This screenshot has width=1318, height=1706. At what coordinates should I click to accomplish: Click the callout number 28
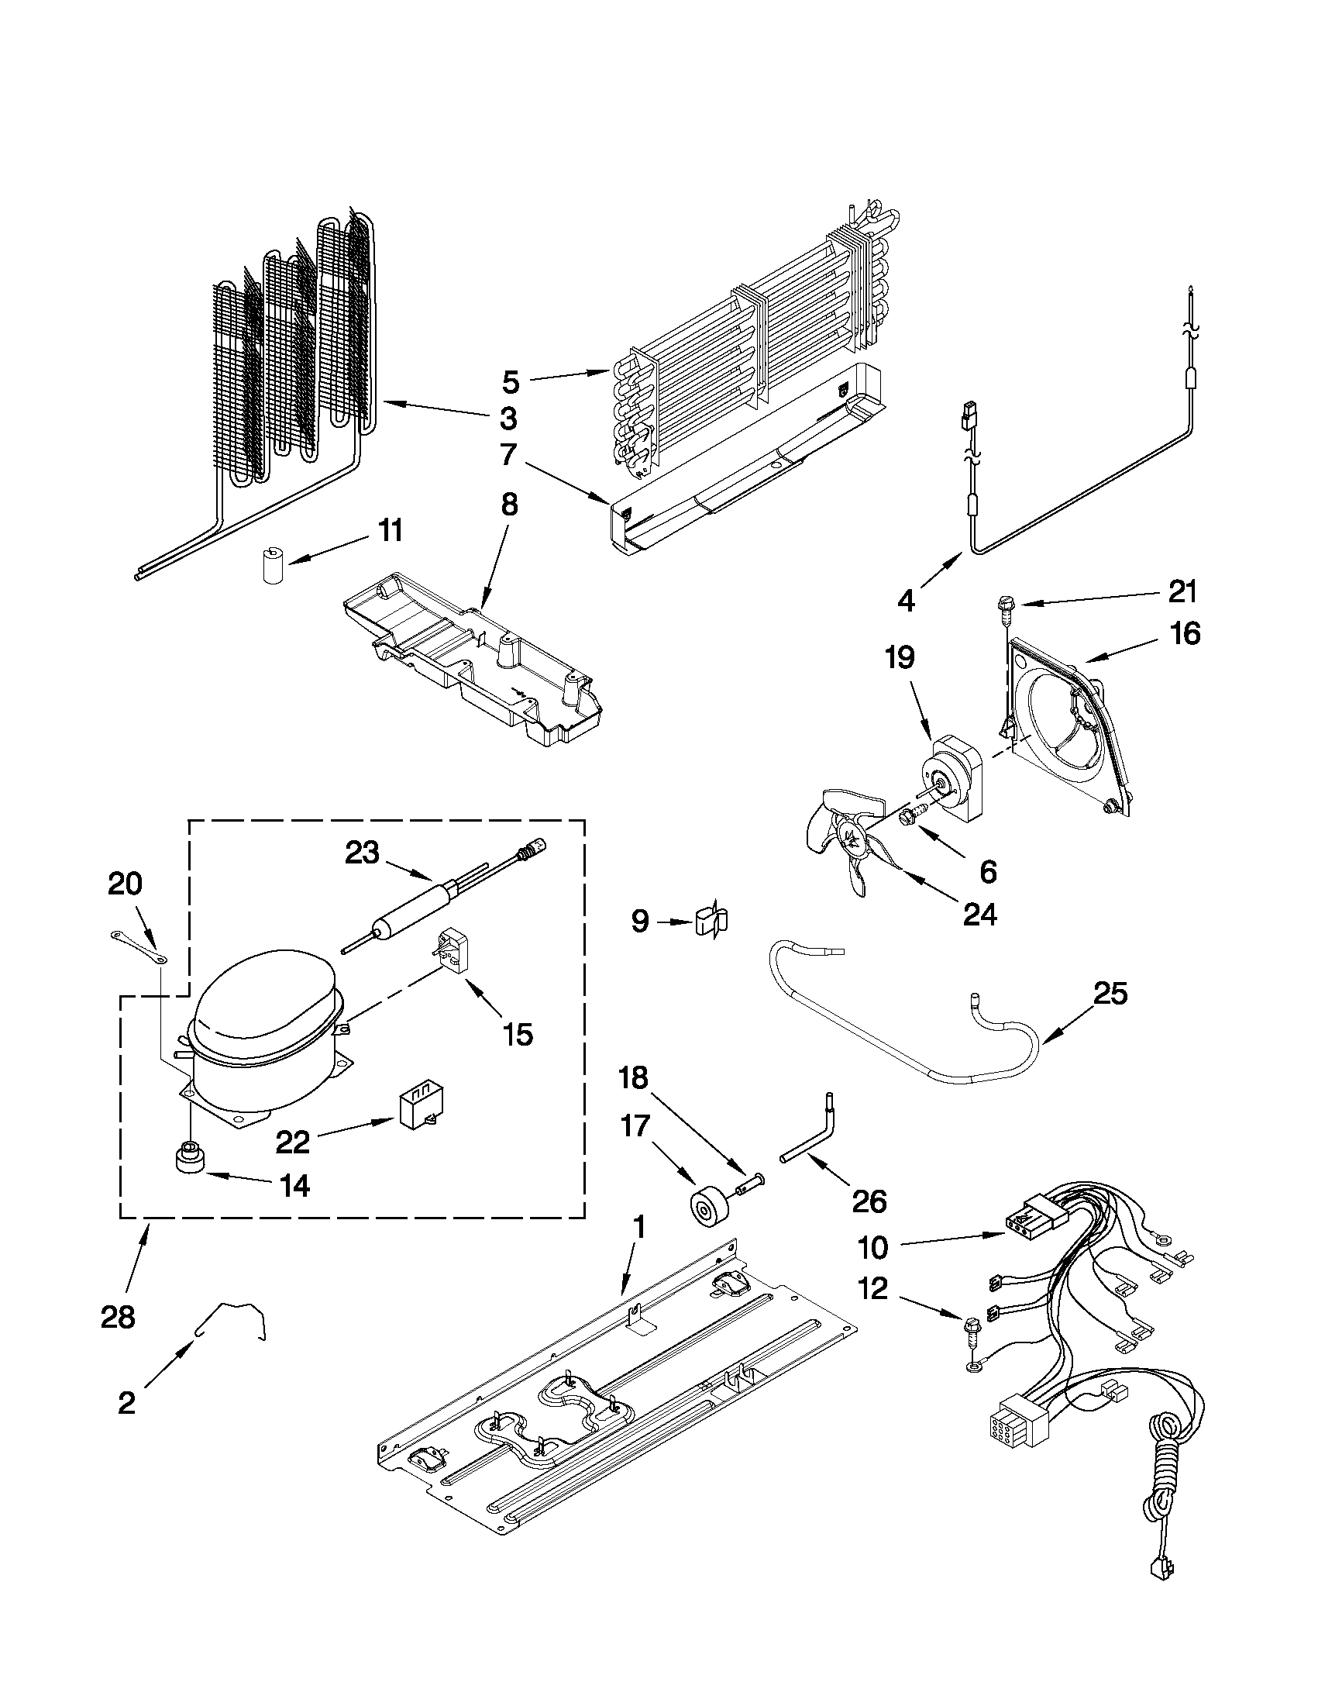tap(118, 1318)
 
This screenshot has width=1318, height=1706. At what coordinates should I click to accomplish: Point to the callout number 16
tap(1186, 633)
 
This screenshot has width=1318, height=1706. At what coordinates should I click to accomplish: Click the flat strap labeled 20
tap(136, 943)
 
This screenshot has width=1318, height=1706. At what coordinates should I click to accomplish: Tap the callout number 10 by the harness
tap(873, 1247)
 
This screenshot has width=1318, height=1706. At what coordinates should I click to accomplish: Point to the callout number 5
tap(510, 382)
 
